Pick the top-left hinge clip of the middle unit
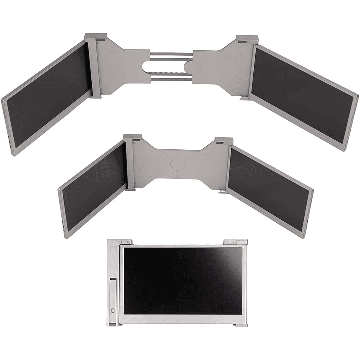pyautogui.click(x=132, y=138)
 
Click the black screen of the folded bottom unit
pyautogui.click(x=184, y=280)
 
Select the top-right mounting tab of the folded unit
pyautogui.click(x=233, y=242)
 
